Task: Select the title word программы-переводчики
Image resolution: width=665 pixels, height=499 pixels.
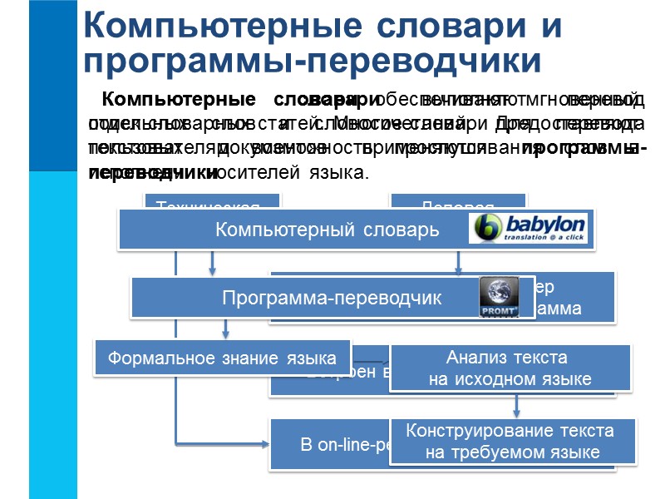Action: pyautogui.click(x=312, y=61)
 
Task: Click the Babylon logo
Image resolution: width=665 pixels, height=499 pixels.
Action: pyautogui.click(x=529, y=228)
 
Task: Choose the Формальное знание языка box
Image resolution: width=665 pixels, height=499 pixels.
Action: pyautogui.click(x=222, y=358)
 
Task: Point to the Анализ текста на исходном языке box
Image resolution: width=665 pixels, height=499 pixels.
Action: pyautogui.click(x=509, y=368)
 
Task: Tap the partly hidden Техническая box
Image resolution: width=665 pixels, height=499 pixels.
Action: pyautogui.click(x=213, y=202)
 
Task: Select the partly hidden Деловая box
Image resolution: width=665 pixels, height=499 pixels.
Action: pyautogui.click(x=458, y=202)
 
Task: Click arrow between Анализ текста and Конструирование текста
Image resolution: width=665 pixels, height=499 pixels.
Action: pyautogui.click(x=517, y=406)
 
